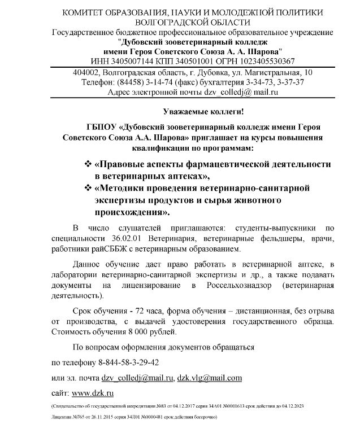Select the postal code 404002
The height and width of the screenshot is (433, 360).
pos(88,73)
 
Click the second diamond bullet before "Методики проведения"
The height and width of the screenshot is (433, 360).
pos(88,187)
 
